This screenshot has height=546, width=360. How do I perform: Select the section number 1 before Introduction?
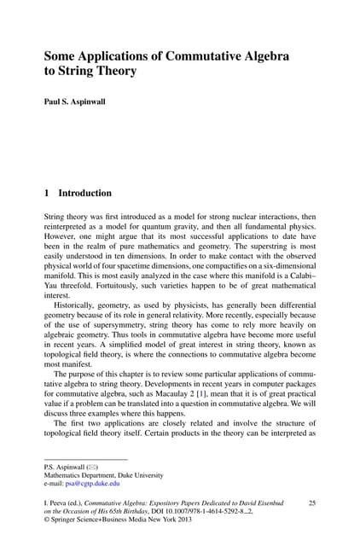(x=47, y=194)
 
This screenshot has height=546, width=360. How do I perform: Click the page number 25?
(x=311, y=503)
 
